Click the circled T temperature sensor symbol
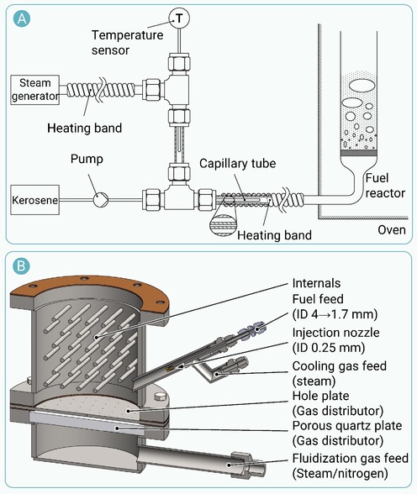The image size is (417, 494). point(179,18)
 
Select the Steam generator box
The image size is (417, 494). point(34,90)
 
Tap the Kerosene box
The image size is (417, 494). point(34,200)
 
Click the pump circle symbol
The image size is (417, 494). point(101,199)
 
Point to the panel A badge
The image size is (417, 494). point(22,18)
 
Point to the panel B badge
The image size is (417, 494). point(21,265)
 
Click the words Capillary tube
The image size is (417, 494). point(238,163)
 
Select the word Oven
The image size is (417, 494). point(392,229)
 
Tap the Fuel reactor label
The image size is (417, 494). point(385,186)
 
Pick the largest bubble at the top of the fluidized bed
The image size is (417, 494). point(362,86)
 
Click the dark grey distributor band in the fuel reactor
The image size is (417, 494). point(359,153)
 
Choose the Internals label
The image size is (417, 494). point(316,283)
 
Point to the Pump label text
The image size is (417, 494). point(87,159)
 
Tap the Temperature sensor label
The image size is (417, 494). point(127,42)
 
